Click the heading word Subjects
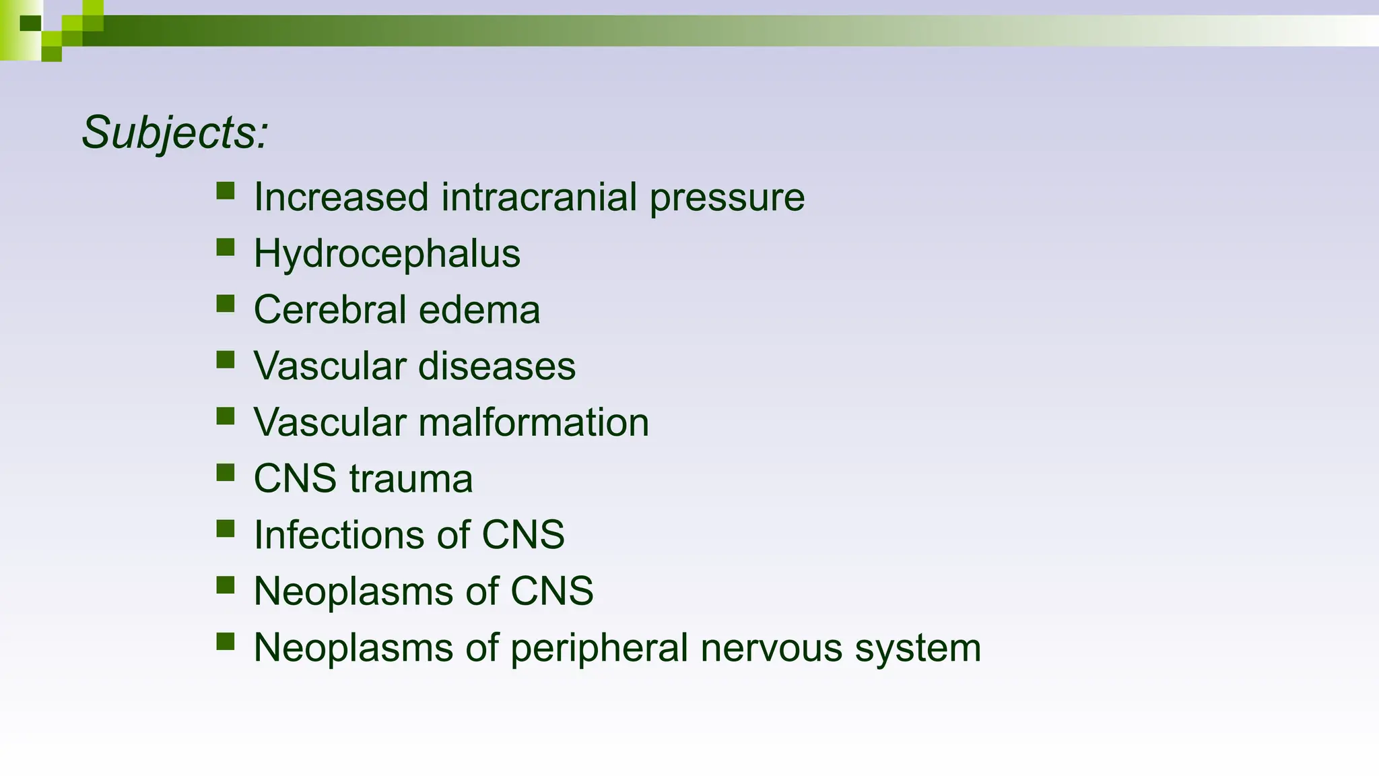tap(174, 133)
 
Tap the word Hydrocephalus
tap(386, 254)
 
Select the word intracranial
tap(539, 197)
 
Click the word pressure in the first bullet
tap(727, 199)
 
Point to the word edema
tap(479, 310)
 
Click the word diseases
tap(496, 366)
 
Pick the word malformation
tap(533, 422)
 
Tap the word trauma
tap(411, 479)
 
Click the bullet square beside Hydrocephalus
tap(226, 247)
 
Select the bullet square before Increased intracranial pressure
tap(226, 191)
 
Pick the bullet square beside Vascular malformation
tap(226, 416)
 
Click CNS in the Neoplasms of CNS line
tap(551, 591)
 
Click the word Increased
tap(341, 197)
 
